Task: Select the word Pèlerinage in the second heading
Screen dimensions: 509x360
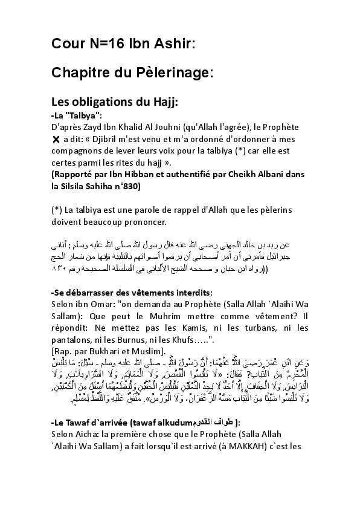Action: pyautogui.click(x=175, y=73)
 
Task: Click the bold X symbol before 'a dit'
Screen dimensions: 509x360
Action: pyautogui.click(x=56, y=139)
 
